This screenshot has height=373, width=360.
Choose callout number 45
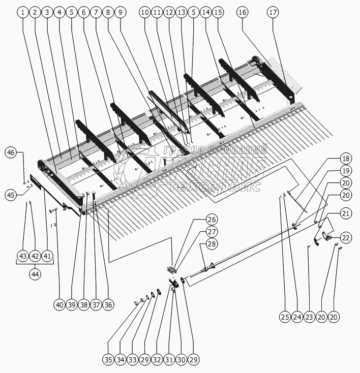pyautogui.click(x=11, y=194)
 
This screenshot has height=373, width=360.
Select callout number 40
pyautogui.click(x=59, y=305)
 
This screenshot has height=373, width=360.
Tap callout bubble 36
pyautogui.click(x=108, y=305)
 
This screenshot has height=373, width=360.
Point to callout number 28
pyautogui.click(x=211, y=244)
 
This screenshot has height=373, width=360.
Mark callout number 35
pyautogui.click(x=108, y=360)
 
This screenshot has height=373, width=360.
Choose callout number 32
pyautogui.click(x=157, y=360)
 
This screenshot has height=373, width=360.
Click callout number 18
pyautogui.click(x=345, y=158)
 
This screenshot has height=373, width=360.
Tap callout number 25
pyautogui.click(x=284, y=317)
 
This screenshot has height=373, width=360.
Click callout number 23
pyautogui.click(x=309, y=317)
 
